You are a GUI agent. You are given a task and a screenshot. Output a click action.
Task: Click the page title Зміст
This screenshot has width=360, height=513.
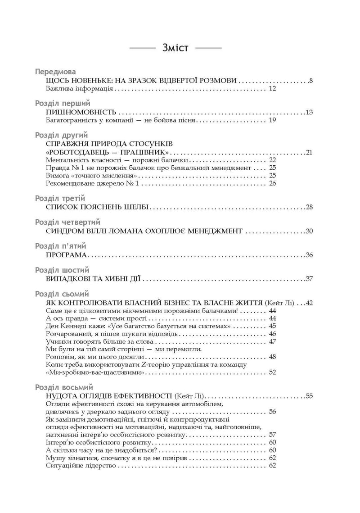point(175,48)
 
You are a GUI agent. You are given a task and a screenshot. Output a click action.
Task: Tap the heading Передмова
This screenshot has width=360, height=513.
point(55,72)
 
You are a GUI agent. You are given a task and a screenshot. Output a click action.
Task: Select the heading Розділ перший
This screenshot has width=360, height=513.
point(63,103)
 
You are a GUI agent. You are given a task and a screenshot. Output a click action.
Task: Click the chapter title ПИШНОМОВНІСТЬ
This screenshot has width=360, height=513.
point(81,112)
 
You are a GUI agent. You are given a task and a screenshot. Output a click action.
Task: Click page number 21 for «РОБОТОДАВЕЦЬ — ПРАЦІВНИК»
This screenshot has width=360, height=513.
point(309,152)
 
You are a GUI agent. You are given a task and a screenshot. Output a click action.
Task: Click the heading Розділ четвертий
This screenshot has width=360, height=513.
point(67,222)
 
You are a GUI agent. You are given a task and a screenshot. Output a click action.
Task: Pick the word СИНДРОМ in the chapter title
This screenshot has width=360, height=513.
point(67,232)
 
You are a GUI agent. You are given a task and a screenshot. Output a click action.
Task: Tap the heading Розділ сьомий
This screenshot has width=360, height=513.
point(63,294)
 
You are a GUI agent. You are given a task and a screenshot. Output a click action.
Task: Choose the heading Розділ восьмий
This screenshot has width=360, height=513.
point(63,387)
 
